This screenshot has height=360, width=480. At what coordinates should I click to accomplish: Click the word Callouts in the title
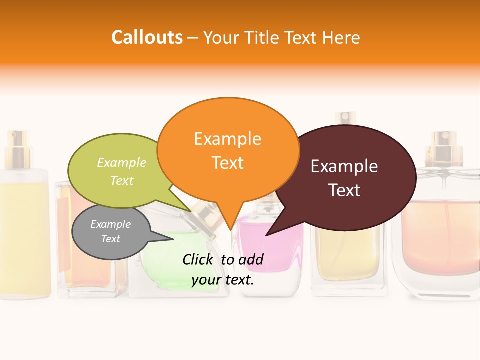pos(147,37)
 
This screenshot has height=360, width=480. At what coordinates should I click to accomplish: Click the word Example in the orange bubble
pos(227,138)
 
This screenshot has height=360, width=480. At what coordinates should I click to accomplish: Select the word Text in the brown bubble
pos(344,190)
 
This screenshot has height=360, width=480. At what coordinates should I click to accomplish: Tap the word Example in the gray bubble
pos(110,224)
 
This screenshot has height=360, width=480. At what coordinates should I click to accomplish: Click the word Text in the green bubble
pos(122,180)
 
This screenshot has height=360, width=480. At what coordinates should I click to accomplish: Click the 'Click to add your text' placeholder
pos(223,270)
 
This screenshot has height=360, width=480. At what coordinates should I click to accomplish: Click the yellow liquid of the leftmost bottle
pos(25,240)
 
